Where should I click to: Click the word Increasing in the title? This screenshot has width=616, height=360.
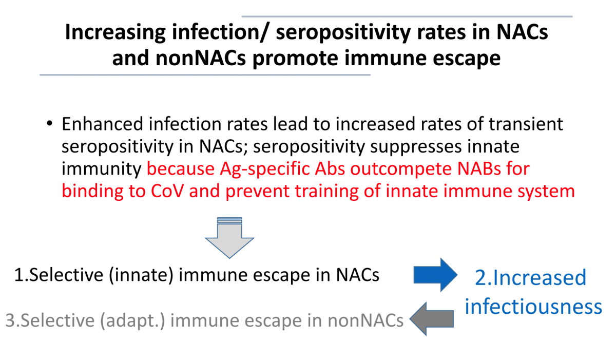115,33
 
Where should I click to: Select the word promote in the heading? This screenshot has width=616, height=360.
295,59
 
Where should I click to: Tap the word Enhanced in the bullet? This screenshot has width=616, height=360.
102,124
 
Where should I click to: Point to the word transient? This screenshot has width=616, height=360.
526,124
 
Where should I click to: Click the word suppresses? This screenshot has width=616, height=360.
416,146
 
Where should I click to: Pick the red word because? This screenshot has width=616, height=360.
180,168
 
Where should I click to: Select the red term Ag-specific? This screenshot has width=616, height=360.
264,169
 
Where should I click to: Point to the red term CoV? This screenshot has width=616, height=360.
167,191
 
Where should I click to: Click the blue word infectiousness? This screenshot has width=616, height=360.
533,306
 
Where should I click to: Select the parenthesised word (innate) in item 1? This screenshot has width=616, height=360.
141,275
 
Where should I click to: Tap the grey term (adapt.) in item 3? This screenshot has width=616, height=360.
132,320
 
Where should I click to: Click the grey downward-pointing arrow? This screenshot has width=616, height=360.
229,238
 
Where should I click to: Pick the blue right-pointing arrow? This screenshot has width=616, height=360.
436,275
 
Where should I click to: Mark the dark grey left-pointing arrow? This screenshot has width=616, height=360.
432,319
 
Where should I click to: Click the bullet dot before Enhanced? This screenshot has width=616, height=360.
49,123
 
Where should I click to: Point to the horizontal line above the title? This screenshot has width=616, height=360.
407,16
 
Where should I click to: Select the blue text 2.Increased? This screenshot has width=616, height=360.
531,277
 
